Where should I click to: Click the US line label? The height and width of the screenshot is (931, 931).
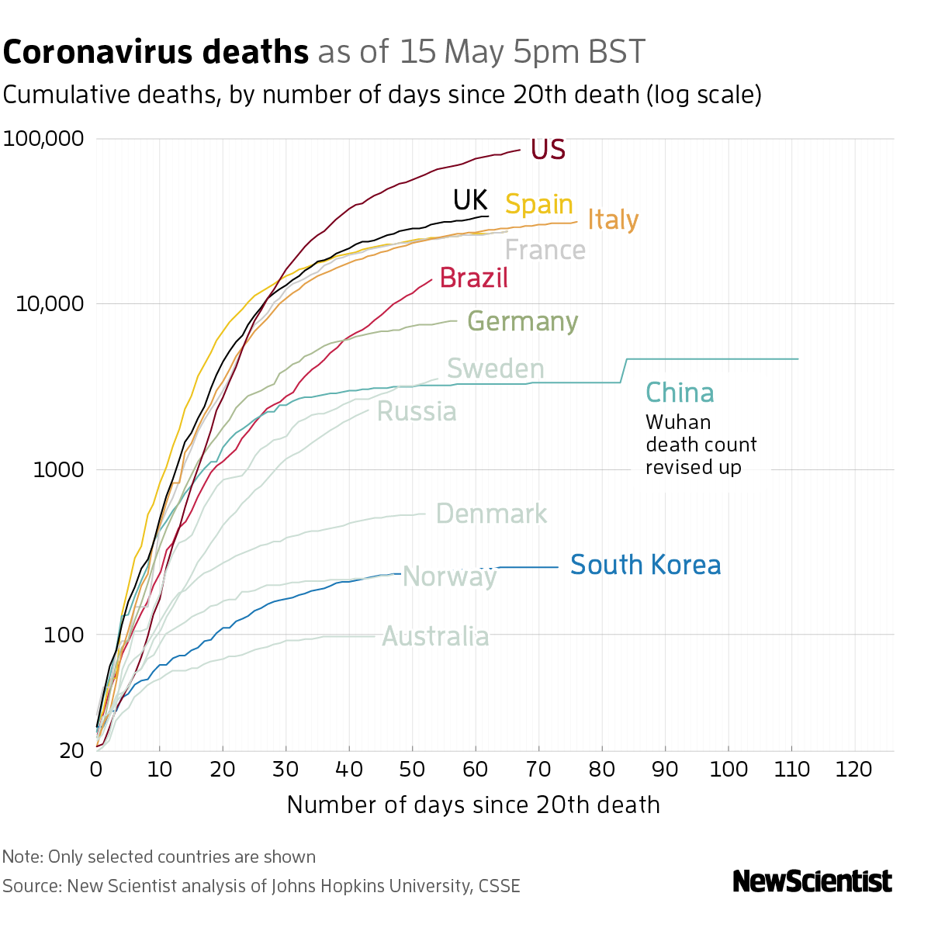pyautogui.click(x=548, y=150)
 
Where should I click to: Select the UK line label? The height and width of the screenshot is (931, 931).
pyautogui.click(x=470, y=200)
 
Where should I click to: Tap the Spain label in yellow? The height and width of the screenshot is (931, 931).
pyautogui.click(x=539, y=204)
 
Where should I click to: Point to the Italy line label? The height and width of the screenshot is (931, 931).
pyautogui.click(x=613, y=220)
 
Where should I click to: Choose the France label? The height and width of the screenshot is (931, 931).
pyautogui.click(x=545, y=250)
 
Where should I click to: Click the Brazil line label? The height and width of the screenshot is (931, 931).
pyautogui.click(x=474, y=278)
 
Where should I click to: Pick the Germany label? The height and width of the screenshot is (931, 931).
pyautogui.click(x=523, y=321)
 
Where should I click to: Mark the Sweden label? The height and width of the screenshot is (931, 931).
pyautogui.click(x=496, y=369)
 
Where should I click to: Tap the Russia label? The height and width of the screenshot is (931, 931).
pyautogui.click(x=417, y=411)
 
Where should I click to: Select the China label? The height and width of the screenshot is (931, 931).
pyautogui.click(x=680, y=393)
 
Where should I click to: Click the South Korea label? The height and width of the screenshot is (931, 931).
pyautogui.click(x=645, y=565)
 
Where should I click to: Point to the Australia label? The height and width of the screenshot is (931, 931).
pyautogui.click(x=436, y=637)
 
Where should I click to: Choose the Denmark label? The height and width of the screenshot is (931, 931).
pyautogui.click(x=491, y=514)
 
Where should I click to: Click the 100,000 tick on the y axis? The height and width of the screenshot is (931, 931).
pyautogui.click(x=43, y=139)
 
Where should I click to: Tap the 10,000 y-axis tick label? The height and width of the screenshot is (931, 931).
pyautogui.click(x=49, y=303)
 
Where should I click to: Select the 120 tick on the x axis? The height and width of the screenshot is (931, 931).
pyautogui.click(x=855, y=769)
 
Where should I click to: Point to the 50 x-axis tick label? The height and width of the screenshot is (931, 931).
pyautogui.click(x=412, y=769)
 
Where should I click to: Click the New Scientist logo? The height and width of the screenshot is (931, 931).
pyautogui.click(x=812, y=881)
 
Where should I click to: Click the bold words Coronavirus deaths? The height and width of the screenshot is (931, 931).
pyautogui.click(x=156, y=53)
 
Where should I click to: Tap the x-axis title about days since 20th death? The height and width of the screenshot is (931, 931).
pyautogui.click(x=473, y=805)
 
